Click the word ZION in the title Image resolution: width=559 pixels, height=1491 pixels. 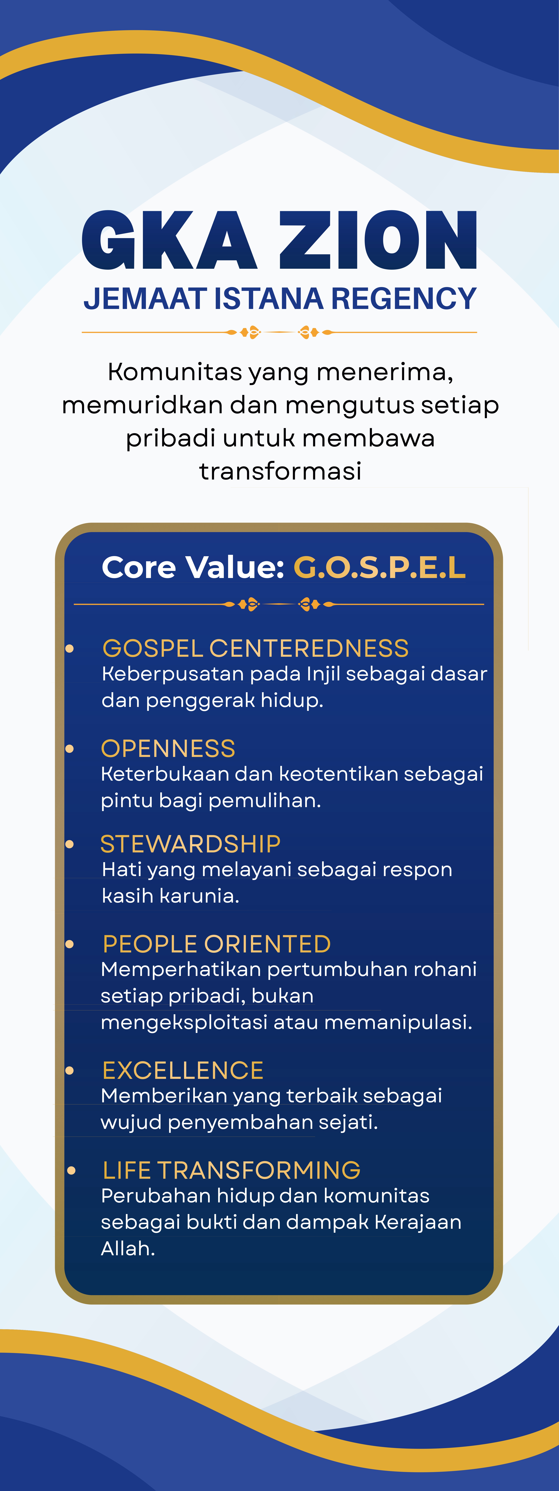(x=378, y=240)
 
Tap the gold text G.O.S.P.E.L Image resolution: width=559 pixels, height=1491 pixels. (x=380, y=567)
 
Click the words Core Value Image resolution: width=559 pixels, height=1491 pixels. (x=193, y=567)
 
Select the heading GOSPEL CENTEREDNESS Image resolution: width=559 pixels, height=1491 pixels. (x=255, y=648)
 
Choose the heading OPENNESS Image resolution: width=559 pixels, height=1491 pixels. (x=168, y=748)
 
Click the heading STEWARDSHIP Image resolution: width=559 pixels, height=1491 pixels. (x=190, y=844)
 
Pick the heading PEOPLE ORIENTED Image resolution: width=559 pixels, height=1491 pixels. (x=216, y=944)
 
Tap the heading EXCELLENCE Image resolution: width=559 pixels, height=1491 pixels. (x=183, y=1070)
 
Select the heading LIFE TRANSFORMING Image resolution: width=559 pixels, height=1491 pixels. (x=231, y=1170)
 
